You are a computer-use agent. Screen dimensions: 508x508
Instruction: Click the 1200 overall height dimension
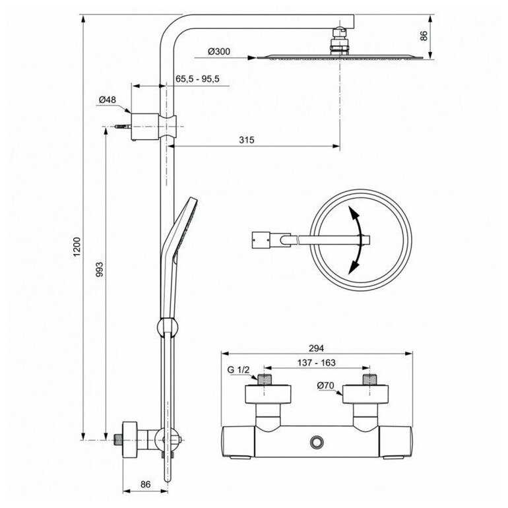(77, 247)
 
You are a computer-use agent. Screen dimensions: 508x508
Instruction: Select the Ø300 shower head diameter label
(219, 51)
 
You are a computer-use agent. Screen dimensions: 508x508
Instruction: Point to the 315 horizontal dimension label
(247, 140)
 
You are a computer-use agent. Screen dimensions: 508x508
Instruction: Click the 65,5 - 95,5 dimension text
(197, 79)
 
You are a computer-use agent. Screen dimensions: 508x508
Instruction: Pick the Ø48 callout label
(108, 100)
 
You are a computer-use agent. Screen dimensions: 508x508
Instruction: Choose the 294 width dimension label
(316, 348)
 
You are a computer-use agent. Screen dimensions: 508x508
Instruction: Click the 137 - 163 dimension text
(317, 363)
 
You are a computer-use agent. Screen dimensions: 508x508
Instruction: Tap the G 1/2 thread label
(238, 369)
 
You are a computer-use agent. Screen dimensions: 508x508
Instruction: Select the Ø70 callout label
(326, 385)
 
